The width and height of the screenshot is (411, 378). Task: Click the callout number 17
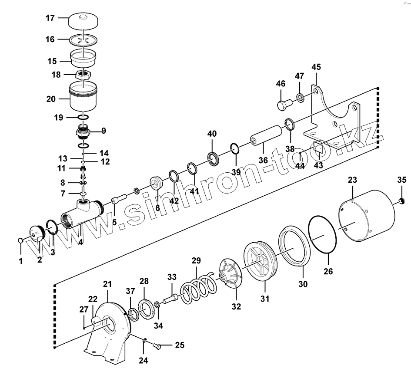point(50,18)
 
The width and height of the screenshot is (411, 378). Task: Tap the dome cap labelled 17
point(83,21)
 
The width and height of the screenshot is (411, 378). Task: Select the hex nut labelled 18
point(83,75)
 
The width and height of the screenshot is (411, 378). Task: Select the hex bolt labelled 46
point(284,105)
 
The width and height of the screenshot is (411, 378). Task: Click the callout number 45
point(316,67)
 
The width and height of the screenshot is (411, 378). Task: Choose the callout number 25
point(180,345)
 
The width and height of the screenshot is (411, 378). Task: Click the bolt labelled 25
point(158,346)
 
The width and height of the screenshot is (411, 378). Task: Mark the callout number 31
point(265,299)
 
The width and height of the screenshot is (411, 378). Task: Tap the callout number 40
point(212,134)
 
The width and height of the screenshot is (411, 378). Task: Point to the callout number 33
point(172,277)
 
